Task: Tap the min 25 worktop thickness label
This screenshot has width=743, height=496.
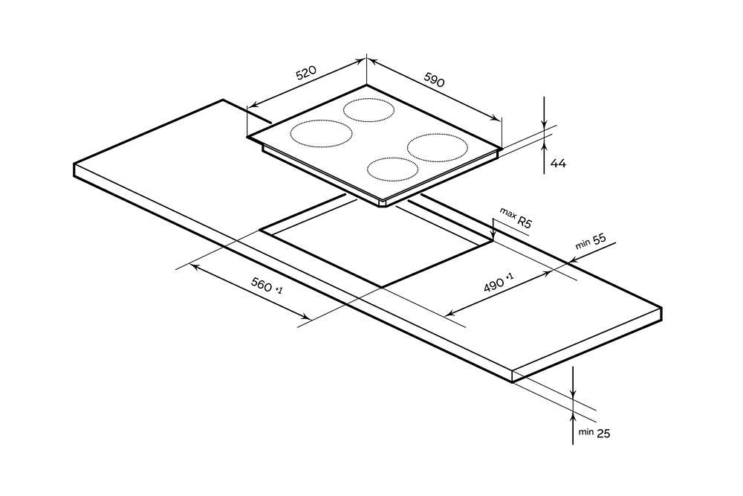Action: [593, 432]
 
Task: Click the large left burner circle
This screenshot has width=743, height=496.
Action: [321, 135]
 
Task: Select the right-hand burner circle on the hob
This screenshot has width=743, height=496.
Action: [435, 146]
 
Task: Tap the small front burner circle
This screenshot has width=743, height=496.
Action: [392, 170]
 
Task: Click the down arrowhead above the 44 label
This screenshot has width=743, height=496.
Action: [545, 126]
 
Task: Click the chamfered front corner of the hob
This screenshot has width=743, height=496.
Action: [383, 204]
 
